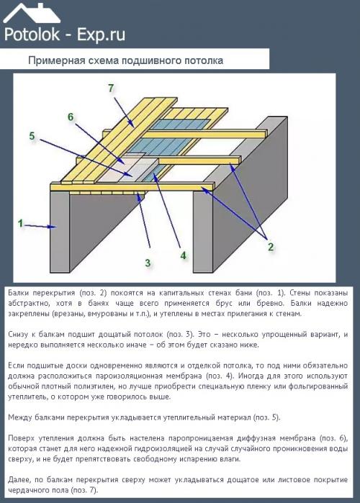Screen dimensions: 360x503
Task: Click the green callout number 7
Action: point(111,88)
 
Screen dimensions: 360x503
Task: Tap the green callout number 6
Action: point(71,117)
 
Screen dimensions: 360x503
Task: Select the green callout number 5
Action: point(32,136)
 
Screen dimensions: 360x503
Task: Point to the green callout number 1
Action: point(20,223)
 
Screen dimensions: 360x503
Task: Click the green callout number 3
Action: point(148,263)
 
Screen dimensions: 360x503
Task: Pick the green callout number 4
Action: point(183,255)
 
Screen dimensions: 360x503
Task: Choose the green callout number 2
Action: point(271,247)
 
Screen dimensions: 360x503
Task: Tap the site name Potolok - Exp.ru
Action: point(65,35)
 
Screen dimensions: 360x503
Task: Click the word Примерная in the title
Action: point(56,60)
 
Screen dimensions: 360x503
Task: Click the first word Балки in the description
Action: point(18,293)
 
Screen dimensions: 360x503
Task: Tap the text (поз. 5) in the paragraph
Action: point(266,417)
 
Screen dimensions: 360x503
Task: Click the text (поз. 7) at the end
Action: point(85,490)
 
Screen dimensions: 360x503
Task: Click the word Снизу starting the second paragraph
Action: point(18,335)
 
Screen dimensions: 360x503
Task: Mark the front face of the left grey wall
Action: point(60,231)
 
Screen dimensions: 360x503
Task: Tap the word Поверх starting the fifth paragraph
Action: point(22,438)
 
